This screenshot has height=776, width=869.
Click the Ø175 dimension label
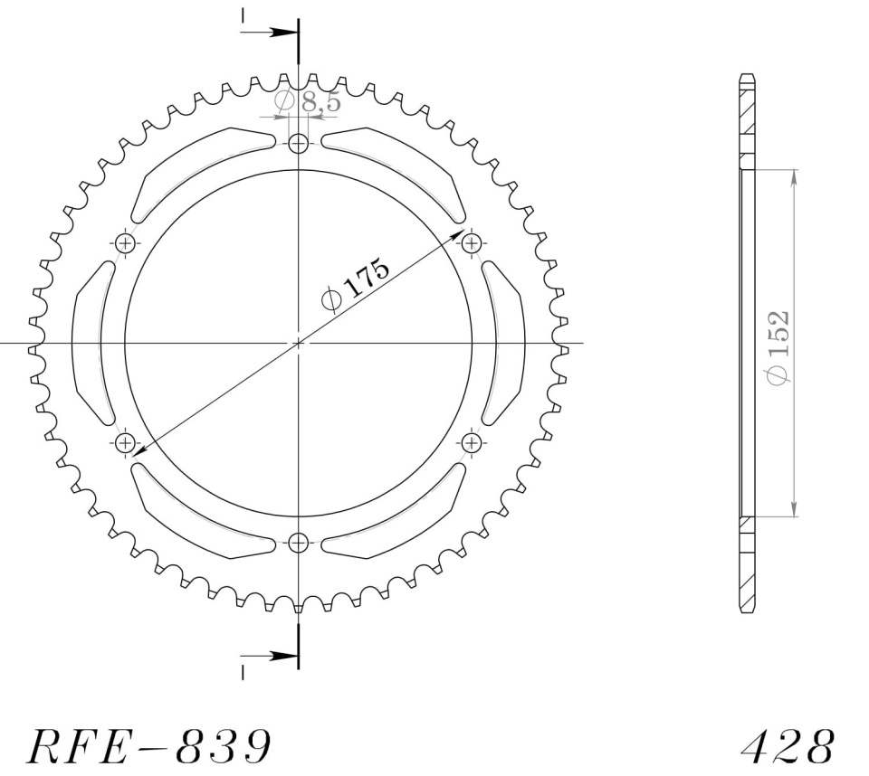[x=356, y=284]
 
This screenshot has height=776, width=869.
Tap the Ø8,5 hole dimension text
[x=308, y=102]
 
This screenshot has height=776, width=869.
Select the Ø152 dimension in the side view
[x=777, y=347]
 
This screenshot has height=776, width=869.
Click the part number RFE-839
[x=149, y=746]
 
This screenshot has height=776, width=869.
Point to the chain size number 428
[x=788, y=746]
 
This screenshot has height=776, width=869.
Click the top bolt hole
[x=299, y=144]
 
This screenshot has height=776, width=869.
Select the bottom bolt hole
[x=299, y=543]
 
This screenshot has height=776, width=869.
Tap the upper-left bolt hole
[x=126, y=242]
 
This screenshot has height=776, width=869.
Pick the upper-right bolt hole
[x=471, y=242]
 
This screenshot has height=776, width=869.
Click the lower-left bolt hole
[x=126, y=442]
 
